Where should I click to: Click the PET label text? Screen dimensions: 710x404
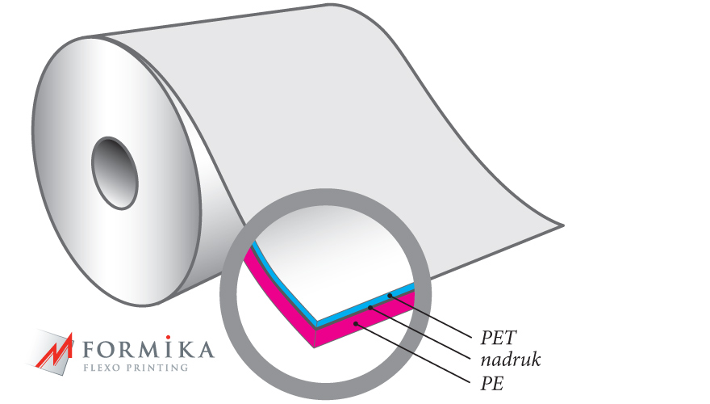(498, 338)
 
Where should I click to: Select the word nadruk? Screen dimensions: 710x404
(511, 360)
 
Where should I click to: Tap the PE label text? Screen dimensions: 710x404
(492, 384)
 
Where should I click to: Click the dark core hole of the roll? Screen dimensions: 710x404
(115, 173)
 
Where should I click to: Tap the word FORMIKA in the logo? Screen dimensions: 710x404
(148, 349)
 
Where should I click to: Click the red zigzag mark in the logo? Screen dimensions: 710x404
(54, 351)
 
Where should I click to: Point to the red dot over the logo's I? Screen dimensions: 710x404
(168, 338)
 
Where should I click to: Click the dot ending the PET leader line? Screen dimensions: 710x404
(390, 296)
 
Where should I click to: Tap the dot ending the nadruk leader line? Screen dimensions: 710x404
(370, 308)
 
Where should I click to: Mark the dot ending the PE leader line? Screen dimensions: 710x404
(356, 324)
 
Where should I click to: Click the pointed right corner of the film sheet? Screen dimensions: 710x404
(563, 225)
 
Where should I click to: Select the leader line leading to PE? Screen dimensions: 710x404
(413, 353)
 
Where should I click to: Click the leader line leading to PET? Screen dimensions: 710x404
(430, 317)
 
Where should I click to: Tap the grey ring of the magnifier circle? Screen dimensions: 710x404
(228, 294)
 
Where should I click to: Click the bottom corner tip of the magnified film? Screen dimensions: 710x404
(314, 347)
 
